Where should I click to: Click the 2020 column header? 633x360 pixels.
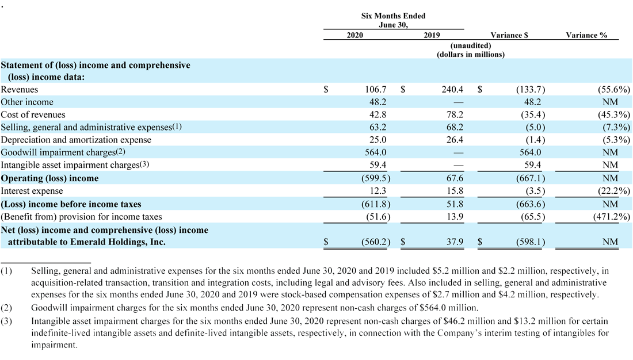354,35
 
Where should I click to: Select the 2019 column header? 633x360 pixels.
432,35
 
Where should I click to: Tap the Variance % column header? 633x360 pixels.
586,35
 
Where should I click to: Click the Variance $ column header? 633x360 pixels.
509,35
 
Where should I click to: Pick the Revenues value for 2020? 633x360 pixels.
375,89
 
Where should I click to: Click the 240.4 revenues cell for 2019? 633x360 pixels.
452,89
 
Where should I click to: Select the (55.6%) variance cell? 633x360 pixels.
613,90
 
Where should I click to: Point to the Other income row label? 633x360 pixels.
27,102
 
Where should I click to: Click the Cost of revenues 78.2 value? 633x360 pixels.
455,114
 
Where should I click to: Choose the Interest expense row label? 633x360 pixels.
32,191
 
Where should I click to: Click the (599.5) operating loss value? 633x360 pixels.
375,178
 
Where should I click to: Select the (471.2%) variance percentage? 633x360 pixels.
611,217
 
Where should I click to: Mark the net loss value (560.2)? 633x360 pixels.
375,242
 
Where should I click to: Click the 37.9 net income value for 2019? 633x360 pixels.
455,242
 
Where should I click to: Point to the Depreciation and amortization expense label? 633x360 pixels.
76,140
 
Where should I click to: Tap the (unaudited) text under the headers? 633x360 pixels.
471,45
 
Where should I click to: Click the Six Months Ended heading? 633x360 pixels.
393,16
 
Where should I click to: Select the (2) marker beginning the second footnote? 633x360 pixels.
6,308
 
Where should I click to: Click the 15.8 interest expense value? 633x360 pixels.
455,191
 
